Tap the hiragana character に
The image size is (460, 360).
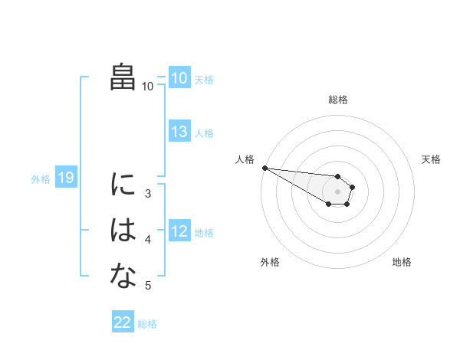123,185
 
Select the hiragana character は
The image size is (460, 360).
123,231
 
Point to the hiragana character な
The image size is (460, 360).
123,277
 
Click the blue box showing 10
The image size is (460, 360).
179,77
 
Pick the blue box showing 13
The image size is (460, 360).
179,132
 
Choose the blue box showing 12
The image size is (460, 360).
179,231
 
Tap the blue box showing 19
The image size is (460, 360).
66,178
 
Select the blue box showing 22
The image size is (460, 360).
122,322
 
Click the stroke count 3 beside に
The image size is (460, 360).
148,194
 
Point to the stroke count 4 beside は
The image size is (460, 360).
148,240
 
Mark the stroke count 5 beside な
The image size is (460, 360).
148,286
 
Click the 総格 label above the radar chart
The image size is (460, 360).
337,100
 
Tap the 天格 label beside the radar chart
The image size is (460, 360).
432,159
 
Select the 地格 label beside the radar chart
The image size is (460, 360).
402,262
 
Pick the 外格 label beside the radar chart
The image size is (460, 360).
269,262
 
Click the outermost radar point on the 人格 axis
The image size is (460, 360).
264,168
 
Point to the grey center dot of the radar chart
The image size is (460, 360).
337,191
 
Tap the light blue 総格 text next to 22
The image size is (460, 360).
147,324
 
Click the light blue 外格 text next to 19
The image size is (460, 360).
41,179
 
